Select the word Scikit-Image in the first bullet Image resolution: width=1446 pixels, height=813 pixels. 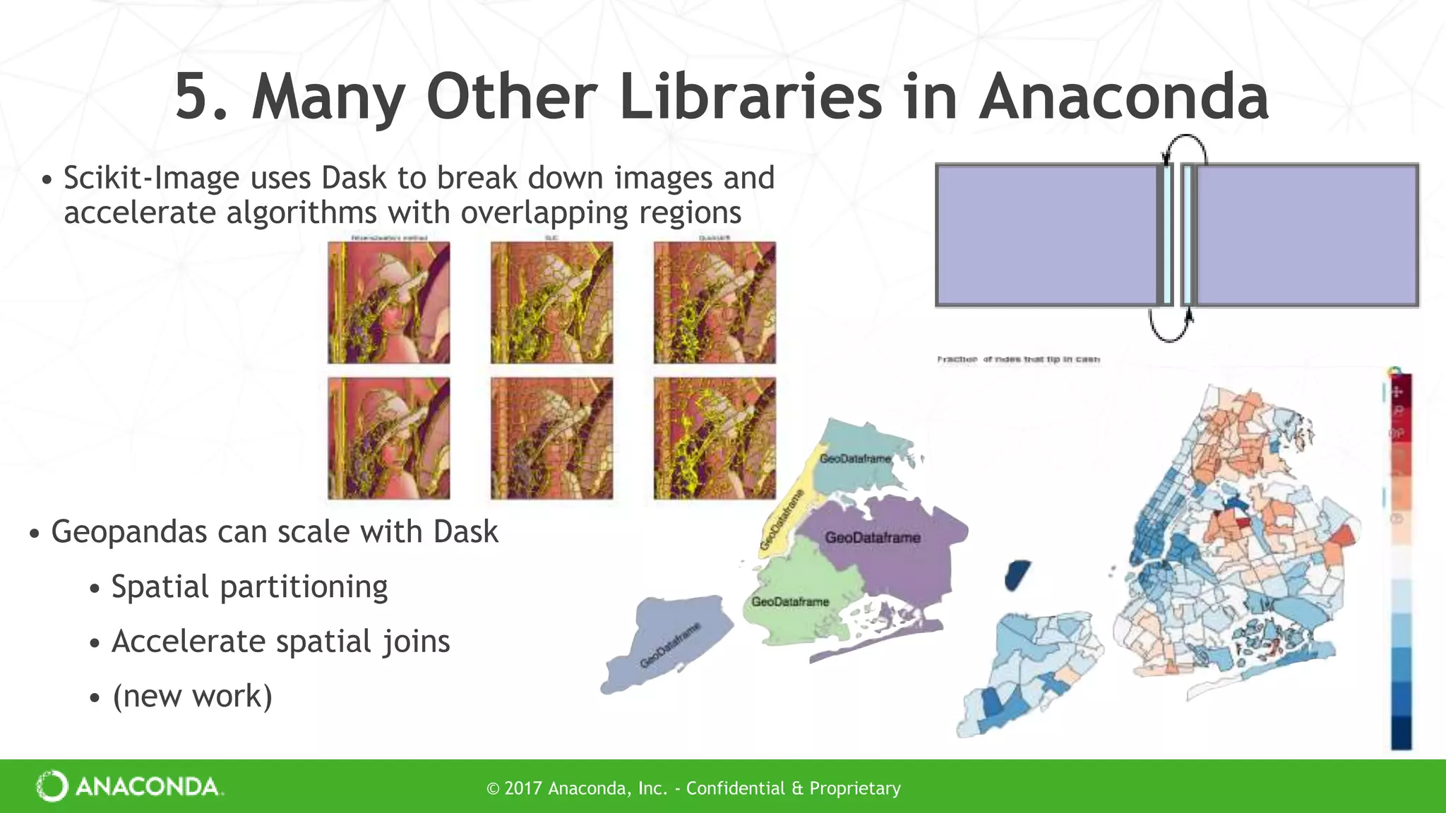pos(151,178)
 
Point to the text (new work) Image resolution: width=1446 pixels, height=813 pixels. pos(192,696)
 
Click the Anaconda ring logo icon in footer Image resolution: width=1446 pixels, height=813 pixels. pos(52,786)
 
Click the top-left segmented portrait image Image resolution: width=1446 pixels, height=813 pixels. pos(389,303)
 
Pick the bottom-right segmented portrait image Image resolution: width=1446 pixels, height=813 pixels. pos(715,438)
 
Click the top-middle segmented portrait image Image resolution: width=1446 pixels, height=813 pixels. pos(552,303)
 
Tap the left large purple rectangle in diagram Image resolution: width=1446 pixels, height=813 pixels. pos(1046,235)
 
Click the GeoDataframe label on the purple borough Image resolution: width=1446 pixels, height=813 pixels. pos(873,538)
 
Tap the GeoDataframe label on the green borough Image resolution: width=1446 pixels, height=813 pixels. pos(790,602)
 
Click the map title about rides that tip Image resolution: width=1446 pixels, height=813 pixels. pos(1018,359)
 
